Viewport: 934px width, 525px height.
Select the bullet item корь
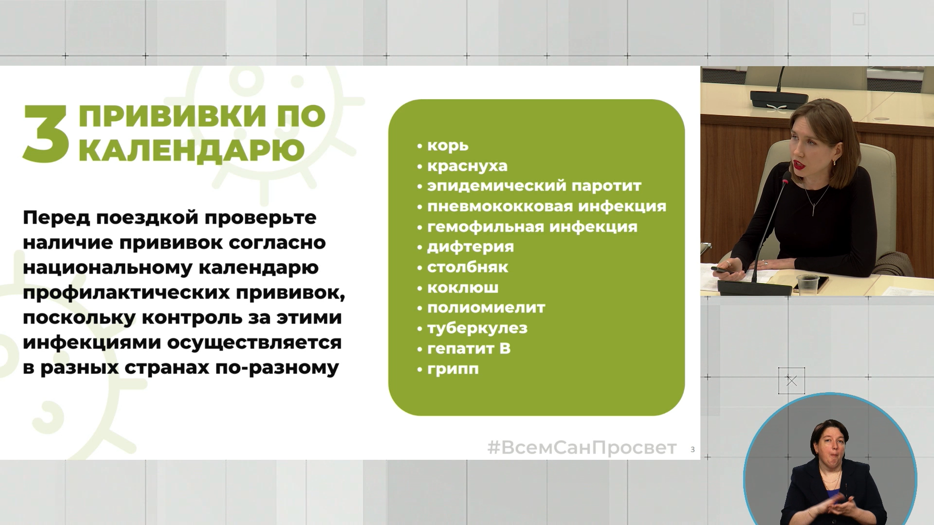coord(448,145)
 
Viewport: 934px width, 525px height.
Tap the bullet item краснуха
coord(467,166)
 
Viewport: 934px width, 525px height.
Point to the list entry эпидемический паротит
coord(534,186)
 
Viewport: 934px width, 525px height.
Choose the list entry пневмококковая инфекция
coord(547,206)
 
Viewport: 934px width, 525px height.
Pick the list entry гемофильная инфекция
coord(532,227)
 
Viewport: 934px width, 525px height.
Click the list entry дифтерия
coord(470,247)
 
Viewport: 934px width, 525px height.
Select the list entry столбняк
coord(467,267)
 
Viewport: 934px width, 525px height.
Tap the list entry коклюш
coord(462,288)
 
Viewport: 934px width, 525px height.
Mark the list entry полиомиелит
coord(486,308)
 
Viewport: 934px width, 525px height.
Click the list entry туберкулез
coord(477,328)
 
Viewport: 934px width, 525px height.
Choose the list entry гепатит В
coord(469,348)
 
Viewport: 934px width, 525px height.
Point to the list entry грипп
coord(453,369)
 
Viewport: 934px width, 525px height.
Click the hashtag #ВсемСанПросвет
coord(582,448)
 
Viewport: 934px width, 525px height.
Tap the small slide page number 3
coord(693,450)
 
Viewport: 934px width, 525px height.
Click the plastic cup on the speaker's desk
coord(807,284)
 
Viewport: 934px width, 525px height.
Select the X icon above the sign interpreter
coord(791,380)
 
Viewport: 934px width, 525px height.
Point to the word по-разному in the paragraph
coord(276,368)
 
